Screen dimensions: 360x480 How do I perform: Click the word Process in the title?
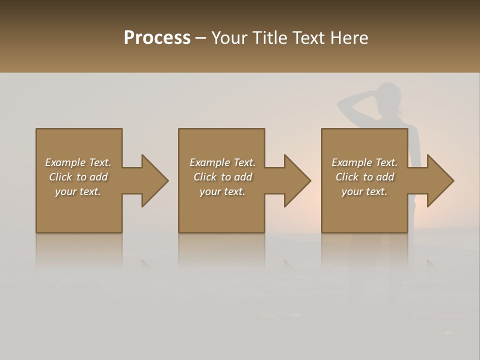tap(157, 38)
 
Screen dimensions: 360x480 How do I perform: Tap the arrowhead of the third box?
tap(439, 180)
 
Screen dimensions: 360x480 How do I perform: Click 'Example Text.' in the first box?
tap(78, 162)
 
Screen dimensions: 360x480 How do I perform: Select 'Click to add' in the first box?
tap(78, 177)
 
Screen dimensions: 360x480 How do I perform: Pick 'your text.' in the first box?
tap(78, 191)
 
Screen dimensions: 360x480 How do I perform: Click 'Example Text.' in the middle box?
tap(222, 162)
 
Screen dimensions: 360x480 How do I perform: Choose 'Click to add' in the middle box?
tap(222, 177)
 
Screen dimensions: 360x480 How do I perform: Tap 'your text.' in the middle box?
tap(222, 191)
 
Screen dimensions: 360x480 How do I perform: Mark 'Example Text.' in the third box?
tap(364, 162)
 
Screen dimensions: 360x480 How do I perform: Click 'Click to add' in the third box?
tap(364, 177)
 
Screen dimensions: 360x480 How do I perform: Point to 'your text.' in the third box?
tap(364, 191)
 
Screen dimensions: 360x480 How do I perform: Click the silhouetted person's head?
tap(388, 96)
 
